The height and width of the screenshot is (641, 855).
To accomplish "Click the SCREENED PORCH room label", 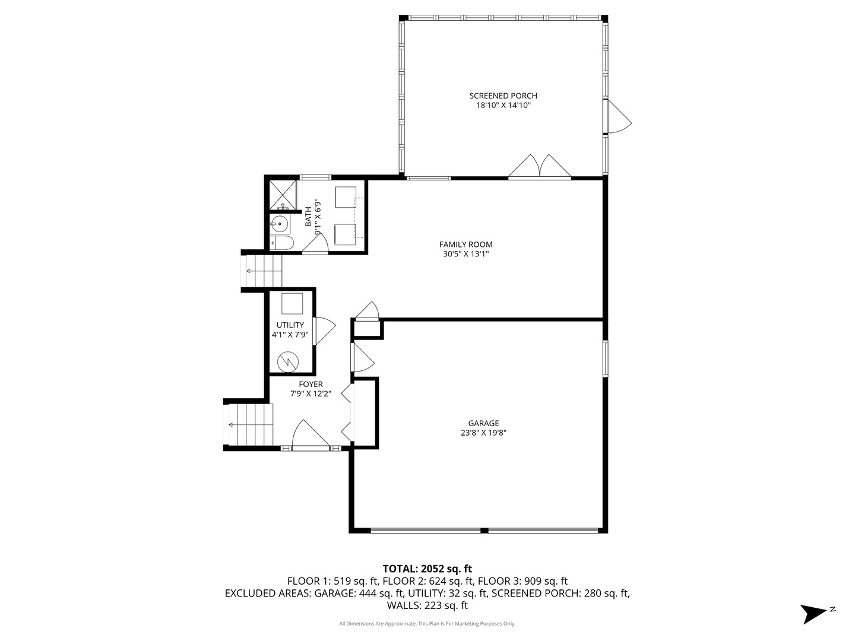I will [503, 96].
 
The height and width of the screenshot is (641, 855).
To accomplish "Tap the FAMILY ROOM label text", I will [465, 245].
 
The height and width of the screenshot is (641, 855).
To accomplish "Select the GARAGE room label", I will [483, 423].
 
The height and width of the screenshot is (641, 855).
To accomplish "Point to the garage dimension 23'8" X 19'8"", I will [483, 433].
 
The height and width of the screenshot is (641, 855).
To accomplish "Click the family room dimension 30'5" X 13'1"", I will [465, 254].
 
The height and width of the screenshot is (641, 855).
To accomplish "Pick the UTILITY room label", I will [290, 325].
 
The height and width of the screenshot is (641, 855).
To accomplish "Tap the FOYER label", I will [311, 385].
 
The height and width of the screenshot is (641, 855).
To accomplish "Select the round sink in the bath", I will [279, 224].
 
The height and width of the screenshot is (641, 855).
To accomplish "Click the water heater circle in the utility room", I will [289, 360].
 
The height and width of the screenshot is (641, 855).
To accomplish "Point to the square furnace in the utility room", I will [292, 303].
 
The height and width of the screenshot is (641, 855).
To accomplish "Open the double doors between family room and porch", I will [539, 167].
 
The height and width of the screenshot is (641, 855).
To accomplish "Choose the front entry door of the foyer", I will [310, 435].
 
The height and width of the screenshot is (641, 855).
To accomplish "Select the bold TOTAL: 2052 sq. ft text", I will [427, 569].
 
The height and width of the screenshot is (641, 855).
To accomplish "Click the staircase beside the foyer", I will [249, 424].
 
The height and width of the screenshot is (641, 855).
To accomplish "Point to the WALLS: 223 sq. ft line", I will [427, 605].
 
